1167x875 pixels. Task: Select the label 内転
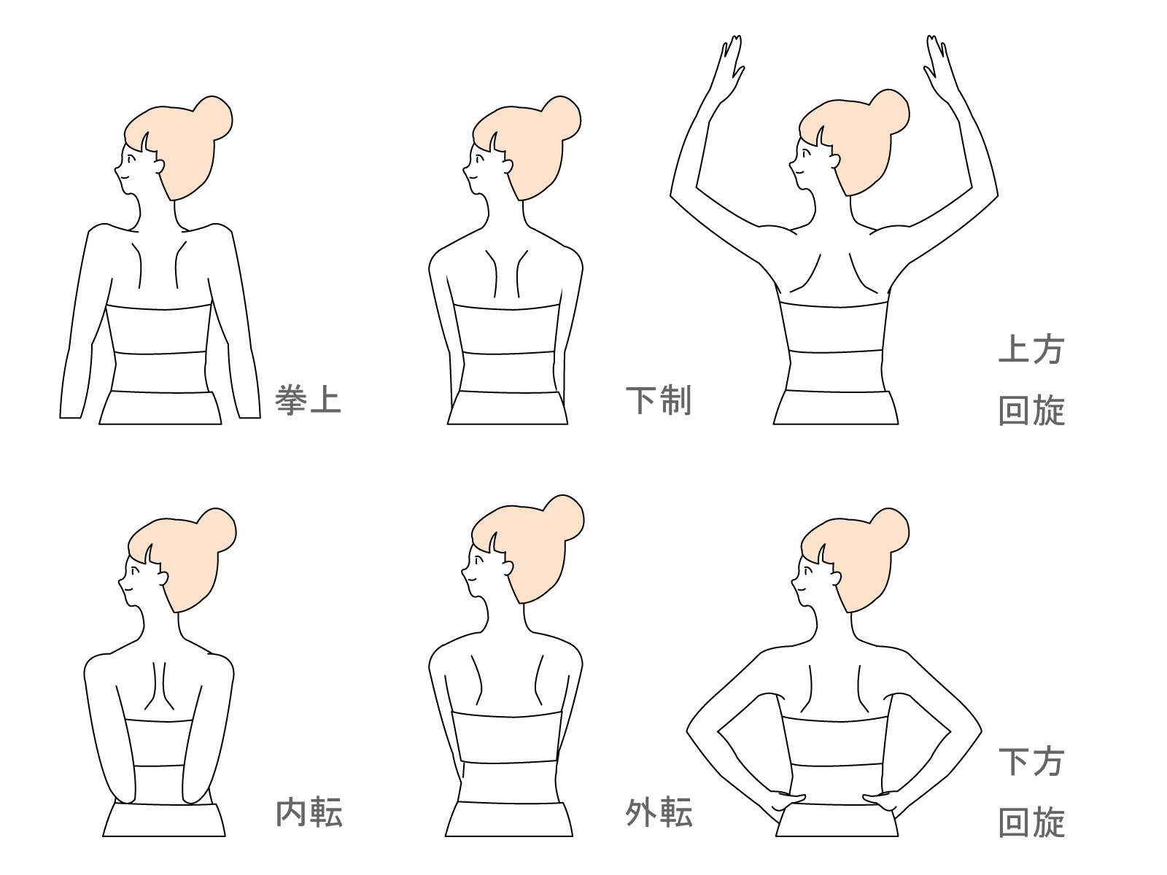pyautogui.click(x=309, y=812)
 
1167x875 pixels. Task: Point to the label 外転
pyautogui.click(x=659, y=812)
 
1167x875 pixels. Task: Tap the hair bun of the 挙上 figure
pyautogui.click(x=213, y=117)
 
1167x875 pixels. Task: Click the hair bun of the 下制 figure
pyautogui.click(x=562, y=117)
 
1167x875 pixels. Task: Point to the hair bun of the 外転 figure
pyautogui.click(x=565, y=516)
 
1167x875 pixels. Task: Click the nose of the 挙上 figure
pyautogui.click(x=116, y=174)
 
